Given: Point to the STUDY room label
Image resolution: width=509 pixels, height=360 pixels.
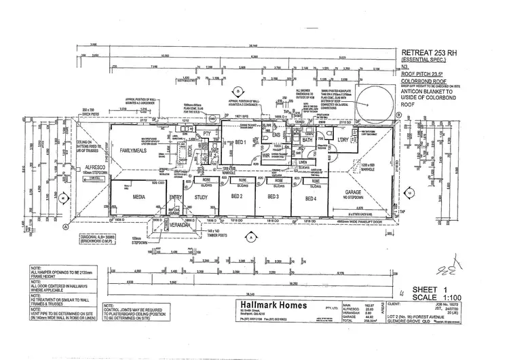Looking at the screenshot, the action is tap(201, 198).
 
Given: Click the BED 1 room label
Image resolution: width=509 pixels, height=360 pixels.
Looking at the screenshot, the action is tap(240, 142).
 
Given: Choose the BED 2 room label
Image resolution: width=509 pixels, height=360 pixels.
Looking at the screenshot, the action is tap(237, 198).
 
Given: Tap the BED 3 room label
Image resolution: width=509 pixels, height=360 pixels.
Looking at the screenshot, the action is tap(274, 198).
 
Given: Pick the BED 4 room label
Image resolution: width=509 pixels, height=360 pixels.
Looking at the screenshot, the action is tap(310, 198).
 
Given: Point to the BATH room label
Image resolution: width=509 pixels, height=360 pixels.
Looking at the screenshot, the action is tap(307, 141).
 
